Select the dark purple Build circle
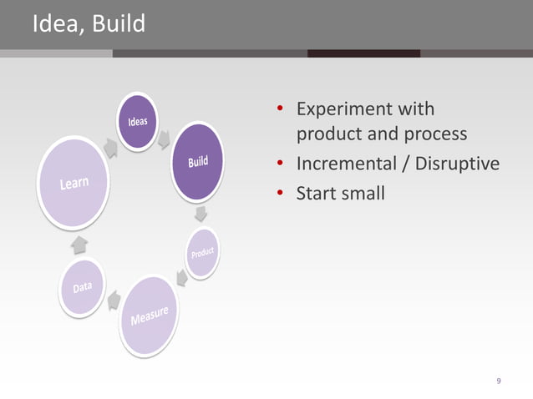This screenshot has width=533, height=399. [198, 161]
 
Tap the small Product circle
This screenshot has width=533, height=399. [202, 254]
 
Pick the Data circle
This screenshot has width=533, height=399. [82, 287]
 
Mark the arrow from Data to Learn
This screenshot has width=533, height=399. [79, 243]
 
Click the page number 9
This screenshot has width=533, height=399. [499, 381]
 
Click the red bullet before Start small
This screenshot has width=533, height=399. [282, 194]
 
